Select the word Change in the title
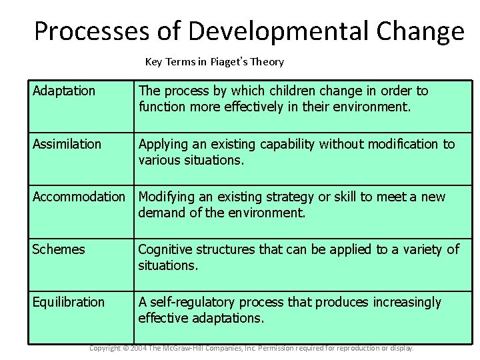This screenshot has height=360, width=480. coord(420,31)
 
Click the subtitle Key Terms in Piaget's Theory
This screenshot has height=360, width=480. coord(215,62)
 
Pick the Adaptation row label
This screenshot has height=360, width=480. coord(64,91)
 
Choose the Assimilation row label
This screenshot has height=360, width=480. coord(67,144)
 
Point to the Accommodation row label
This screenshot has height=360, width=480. coord(79,197)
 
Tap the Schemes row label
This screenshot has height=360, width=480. coord(59,249)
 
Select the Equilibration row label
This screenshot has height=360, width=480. coord(69,302)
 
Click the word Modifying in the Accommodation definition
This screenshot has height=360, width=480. coord(165,197)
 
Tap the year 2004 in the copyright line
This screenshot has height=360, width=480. coord(139,348)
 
